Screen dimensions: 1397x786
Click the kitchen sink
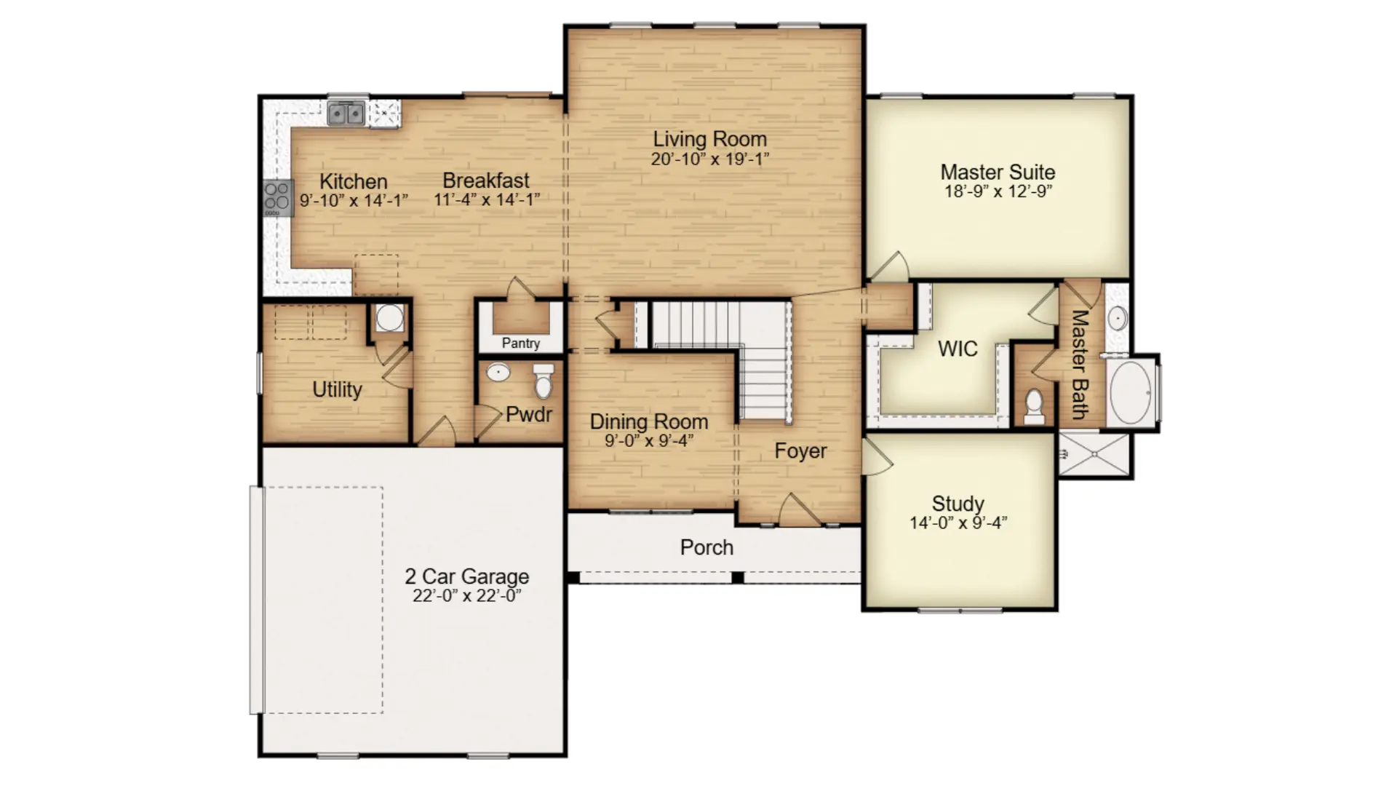pyautogui.click(x=346, y=114)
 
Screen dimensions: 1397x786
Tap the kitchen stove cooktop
pyautogui.click(x=278, y=197)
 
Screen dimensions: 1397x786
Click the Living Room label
pyautogui.click(x=709, y=138)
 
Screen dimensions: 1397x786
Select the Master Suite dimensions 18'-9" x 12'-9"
pyautogui.click(x=998, y=191)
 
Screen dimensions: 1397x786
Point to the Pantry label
pyautogui.click(x=521, y=343)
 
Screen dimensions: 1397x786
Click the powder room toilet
pyautogui.click(x=544, y=381)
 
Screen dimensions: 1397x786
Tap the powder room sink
pyautogui.click(x=498, y=373)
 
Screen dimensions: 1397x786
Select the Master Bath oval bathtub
pyautogui.click(x=1131, y=392)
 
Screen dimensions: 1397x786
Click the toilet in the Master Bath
pyautogui.click(x=1034, y=407)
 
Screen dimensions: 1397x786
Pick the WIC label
pyautogui.click(x=958, y=349)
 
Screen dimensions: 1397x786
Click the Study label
pyautogui.click(x=958, y=503)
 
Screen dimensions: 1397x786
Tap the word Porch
pyautogui.click(x=707, y=547)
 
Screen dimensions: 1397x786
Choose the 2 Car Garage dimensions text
pyautogui.click(x=466, y=595)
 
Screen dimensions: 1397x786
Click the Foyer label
pyautogui.click(x=800, y=451)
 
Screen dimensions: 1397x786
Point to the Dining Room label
pyautogui.click(x=648, y=421)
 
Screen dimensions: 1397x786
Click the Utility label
pyautogui.click(x=337, y=389)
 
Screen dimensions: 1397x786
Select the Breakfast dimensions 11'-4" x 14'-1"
pyautogui.click(x=487, y=199)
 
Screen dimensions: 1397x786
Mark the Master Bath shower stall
pyautogui.click(x=1094, y=455)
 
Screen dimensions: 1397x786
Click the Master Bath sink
pyautogui.click(x=1118, y=318)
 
